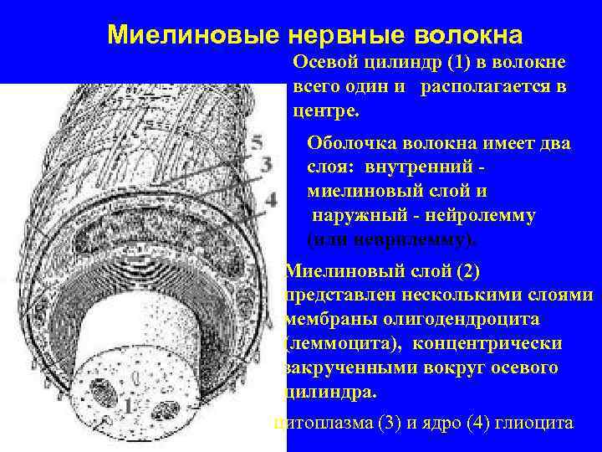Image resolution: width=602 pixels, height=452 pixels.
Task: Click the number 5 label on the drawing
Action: point(257,142)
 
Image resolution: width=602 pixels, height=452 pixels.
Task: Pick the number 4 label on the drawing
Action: point(270,199)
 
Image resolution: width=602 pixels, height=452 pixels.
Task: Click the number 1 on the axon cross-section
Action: point(128,406)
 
